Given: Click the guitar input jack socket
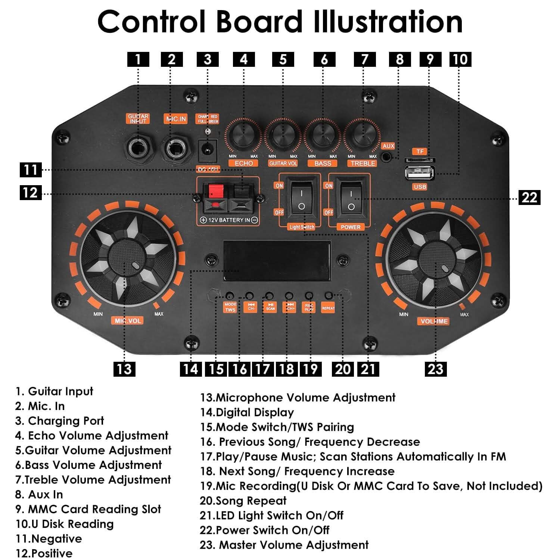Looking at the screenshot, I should point(139,148).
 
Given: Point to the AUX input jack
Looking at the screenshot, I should point(388,157).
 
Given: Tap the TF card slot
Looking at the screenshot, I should point(420,160).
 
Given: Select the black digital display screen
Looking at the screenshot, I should point(277,261).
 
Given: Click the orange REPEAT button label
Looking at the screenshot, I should point(328,308).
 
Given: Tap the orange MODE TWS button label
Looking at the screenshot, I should point(230,307).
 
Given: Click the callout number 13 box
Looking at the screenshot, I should point(124,369).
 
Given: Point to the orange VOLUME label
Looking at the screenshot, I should point(434,321).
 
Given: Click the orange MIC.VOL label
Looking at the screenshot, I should point(128,320).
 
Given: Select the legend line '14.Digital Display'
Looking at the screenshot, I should point(247,413).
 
